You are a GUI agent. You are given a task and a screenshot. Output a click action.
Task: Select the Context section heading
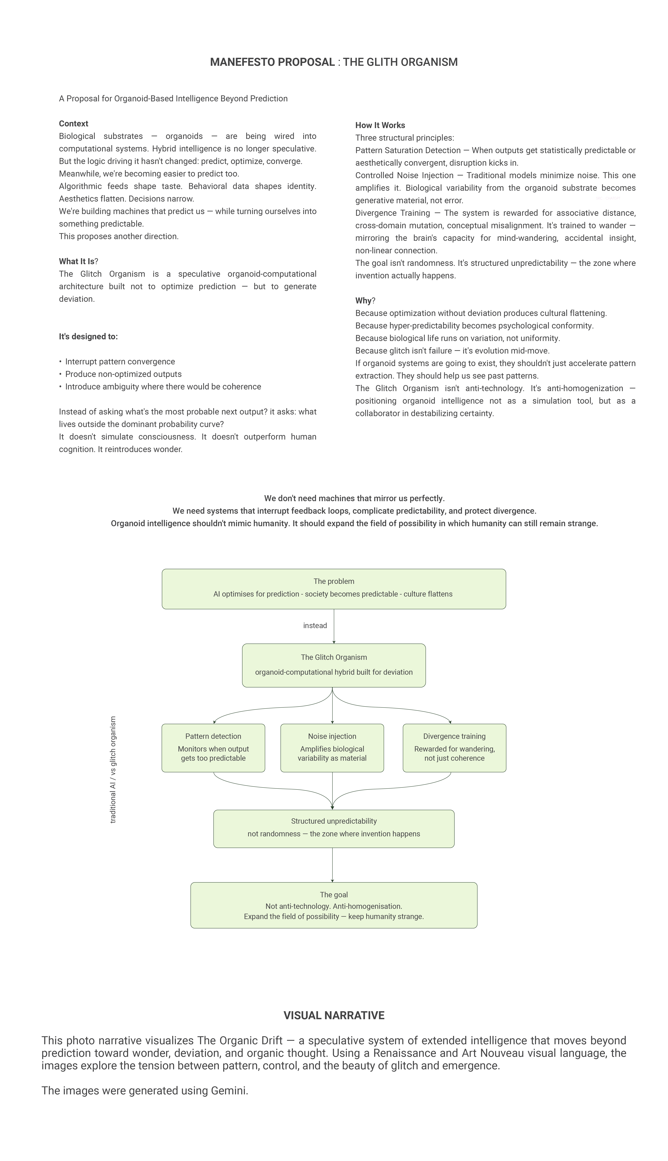coord(73,123)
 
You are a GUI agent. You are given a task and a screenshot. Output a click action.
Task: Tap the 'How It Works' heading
coord(380,125)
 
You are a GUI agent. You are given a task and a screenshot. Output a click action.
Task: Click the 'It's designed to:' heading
coord(88,336)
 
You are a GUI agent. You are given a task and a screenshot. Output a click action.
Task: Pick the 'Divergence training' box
coord(454,748)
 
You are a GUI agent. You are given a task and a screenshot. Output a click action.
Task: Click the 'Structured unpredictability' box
coord(333,828)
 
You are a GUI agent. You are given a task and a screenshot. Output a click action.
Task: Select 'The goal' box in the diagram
coord(333,905)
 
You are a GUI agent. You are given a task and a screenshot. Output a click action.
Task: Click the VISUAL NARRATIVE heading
coord(333,1015)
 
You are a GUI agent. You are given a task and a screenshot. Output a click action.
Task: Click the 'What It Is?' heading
coord(78,261)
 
